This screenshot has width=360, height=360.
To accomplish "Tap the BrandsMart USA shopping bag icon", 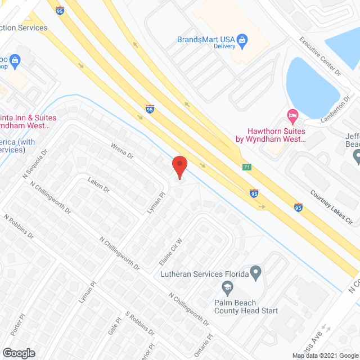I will (x=242, y=39).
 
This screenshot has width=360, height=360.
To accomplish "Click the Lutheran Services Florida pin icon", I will (x=256, y=274).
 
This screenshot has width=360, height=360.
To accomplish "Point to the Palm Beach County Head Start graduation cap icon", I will (x=228, y=289).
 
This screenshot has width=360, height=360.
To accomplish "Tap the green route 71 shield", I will (x=247, y=167).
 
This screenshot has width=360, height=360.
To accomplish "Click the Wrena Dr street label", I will (x=120, y=151).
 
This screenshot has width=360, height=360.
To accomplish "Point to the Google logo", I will (x=19, y=353).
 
